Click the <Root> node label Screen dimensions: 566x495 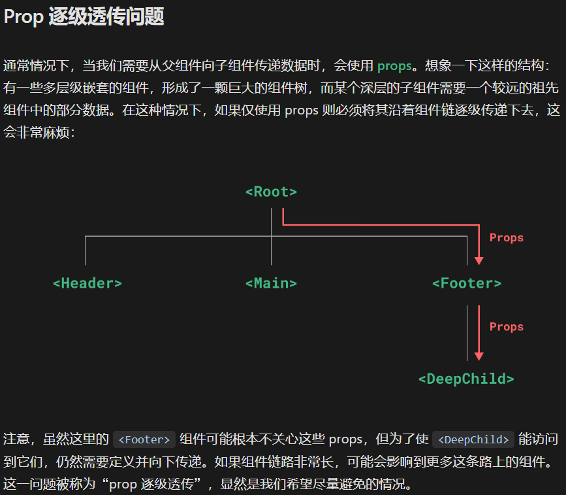point(271,192)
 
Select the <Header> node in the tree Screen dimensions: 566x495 point(87,283)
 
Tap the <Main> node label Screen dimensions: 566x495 point(271,283)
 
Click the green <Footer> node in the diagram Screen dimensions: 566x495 point(467,283)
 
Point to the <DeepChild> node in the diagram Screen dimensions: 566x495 point(466,379)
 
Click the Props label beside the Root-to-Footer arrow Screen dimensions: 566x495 point(507,238)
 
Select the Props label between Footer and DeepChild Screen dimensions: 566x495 point(507,327)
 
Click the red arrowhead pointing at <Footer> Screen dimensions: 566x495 point(479,260)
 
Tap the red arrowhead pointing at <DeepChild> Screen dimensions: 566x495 point(479,356)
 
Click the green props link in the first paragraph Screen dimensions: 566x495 point(394,65)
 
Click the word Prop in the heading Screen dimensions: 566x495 point(23,17)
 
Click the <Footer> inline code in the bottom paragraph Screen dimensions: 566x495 point(144,439)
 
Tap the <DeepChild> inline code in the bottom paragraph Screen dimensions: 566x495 point(473,439)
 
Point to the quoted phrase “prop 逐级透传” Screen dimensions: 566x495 point(156,485)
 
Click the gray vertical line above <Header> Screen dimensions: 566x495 point(86,250)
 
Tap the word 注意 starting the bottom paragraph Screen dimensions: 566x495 point(16,439)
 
